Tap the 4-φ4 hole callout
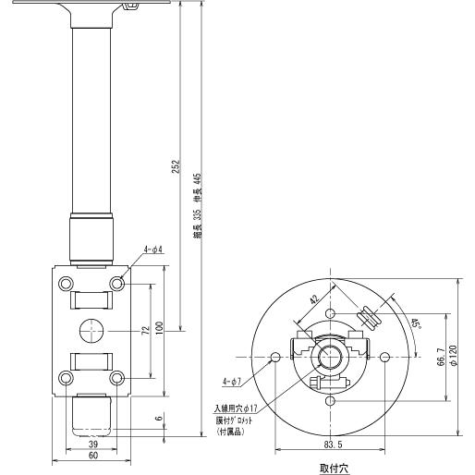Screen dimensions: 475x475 point(152,250)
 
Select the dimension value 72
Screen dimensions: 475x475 point(144,330)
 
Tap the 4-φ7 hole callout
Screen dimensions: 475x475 point(231,381)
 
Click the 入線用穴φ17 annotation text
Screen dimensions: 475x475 point(235,408)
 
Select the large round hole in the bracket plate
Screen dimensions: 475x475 point(91,330)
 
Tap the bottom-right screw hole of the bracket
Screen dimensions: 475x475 point(116,378)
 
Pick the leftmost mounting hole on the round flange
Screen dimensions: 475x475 point(275,357)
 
